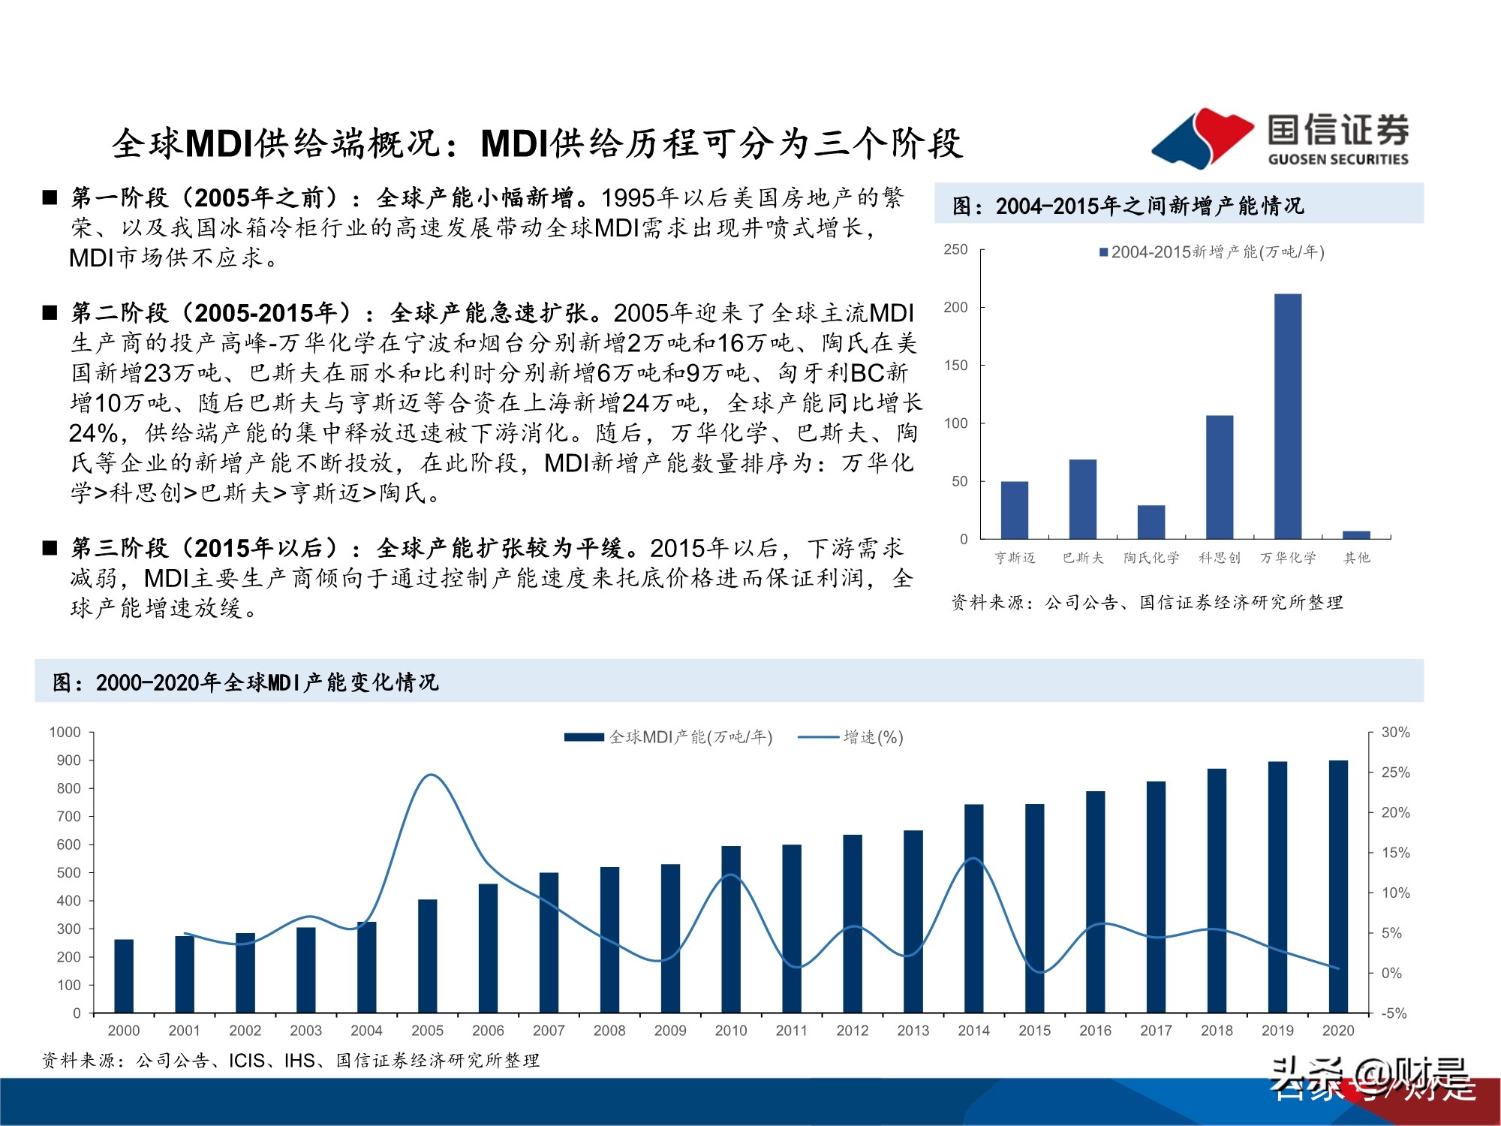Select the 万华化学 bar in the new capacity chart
coord(1288,416)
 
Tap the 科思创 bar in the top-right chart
coord(1220,477)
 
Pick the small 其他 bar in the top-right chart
coord(1356,534)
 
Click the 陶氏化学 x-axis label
coord(1151,558)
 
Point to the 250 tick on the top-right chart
coord(955,249)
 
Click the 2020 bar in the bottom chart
coord(1338,887)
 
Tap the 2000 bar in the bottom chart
coord(124,976)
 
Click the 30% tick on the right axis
coord(1395,733)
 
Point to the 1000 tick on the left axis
coord(65,733)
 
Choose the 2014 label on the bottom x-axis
coord(973,1031)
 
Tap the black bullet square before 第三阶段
coord(50,549)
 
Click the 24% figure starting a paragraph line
coord(93,433)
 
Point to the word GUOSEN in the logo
coord(1298,159)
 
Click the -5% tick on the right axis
coord(1394,1013)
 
